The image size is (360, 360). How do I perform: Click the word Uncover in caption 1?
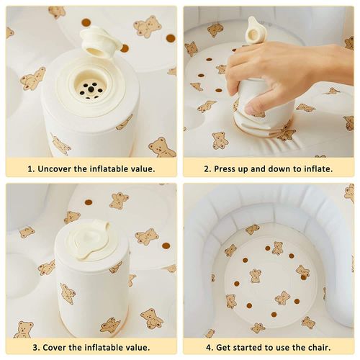(55, 169)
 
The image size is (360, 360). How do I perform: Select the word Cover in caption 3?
(55, 348)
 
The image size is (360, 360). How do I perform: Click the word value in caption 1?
(143, 169)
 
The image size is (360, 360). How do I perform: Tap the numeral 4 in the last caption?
(208, 348)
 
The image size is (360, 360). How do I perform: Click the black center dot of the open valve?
(91, 89)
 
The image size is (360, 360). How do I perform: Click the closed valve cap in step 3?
(89, 241)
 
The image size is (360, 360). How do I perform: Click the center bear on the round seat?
(256, 276)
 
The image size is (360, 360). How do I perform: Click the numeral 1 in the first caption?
(30, 169)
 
